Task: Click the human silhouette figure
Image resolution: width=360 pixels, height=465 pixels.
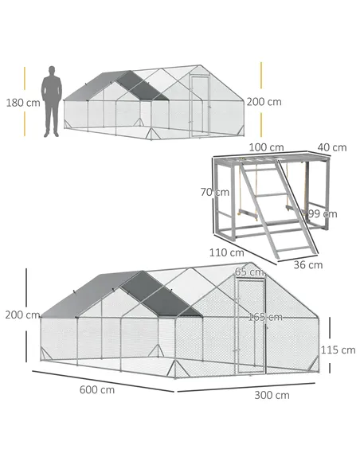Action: [x=52, y=101]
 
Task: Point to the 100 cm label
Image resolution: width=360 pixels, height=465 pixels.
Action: [x=266, y=147]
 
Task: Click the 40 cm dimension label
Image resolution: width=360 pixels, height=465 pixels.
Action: [x=331, y=147]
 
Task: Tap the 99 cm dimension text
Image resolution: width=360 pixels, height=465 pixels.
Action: [x=323, y=213]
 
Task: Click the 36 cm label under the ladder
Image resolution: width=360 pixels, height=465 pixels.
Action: [x=307, y=265]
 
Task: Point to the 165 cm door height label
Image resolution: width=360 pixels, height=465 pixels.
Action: [x=264, y=317]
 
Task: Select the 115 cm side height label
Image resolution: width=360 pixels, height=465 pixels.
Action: [x=338, y=350]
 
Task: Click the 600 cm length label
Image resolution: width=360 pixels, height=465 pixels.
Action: [x=96, y=389]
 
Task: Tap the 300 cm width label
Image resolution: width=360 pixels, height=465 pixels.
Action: [x=273, y=395]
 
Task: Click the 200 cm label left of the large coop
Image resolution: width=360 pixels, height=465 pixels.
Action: [x=22, y=315]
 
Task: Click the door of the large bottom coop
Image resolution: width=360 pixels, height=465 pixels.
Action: [x=253, y=326]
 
